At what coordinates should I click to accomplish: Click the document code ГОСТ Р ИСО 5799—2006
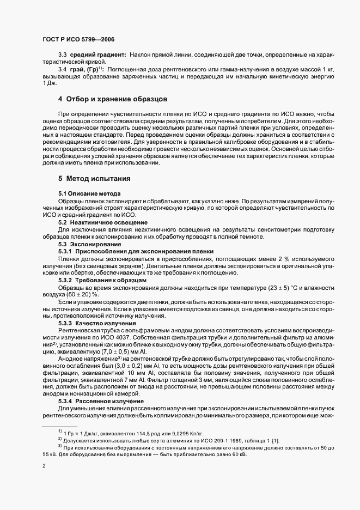pos(78,39)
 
